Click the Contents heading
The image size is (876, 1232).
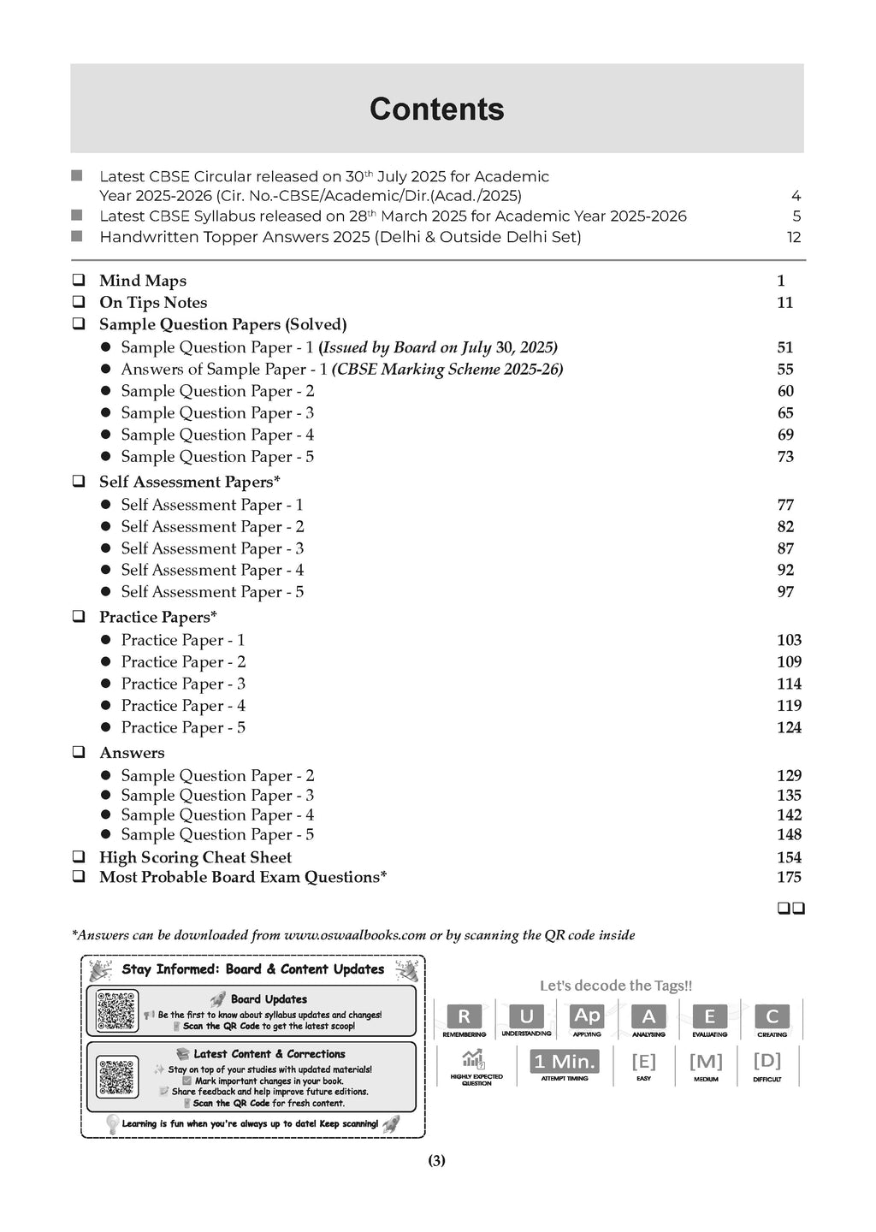tap(436, 110)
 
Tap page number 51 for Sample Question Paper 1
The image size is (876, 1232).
tap(785, 347)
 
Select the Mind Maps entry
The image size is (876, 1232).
tap(142, 281)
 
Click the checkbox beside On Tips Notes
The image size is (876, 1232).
tap(79, 302)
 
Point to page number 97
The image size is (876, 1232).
tap(785, 592)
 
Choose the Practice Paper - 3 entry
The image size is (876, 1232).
tap(183, 684)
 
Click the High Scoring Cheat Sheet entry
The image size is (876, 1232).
tap(195, 857)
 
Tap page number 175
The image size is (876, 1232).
tap(789, 877)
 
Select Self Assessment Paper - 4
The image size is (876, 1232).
tap(212, 570)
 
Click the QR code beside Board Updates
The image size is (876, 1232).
tap(117, 1011)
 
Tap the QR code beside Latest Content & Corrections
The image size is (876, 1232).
tap(117, 1077)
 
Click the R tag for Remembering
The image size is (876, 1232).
tap(465, 1016)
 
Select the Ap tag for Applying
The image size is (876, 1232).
tap(587, 1016)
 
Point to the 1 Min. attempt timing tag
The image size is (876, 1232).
tap(565, 1062)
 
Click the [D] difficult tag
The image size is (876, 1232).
tap(766, 1061)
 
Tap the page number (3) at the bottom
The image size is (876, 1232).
tap(436, 1161)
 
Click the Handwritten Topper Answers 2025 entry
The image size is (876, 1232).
tap(340, 237)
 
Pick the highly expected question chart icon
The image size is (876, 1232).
tap(473, 1059)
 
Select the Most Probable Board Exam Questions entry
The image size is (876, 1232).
tap(243, 877)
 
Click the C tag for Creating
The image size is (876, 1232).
tap(772, 1016)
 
